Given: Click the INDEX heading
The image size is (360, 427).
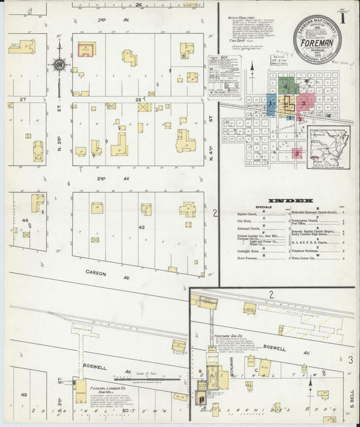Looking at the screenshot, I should [x=290, y=201].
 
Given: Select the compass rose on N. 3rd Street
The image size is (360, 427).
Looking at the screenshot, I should [x=59, y=65].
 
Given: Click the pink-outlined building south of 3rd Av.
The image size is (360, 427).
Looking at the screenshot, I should [x=86, y=49].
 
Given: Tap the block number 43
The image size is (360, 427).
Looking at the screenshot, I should [x=141, y=228].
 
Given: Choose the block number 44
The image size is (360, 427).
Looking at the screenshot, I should [x=26, y=220].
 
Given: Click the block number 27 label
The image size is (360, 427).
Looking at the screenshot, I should [x=22, y=99].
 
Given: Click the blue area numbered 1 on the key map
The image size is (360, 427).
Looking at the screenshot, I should [x=271, y=105].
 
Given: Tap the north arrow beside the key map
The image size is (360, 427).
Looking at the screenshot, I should [x=253, y=70].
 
